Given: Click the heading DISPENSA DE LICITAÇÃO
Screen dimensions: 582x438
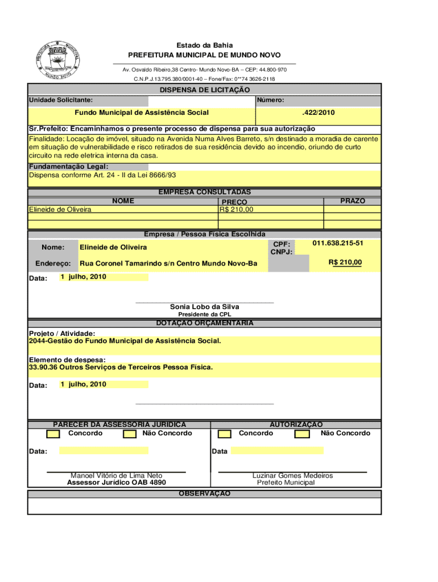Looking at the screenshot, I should tap(204, 90).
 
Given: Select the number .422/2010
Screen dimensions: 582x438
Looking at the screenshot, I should tap(319, 113).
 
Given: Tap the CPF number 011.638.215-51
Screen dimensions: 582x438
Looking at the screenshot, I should tap(338, 243).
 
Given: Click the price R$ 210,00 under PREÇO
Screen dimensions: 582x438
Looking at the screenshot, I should tap(237, 210).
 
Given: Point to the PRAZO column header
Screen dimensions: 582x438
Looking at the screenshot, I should tap(353, 201).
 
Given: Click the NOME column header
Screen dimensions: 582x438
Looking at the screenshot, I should tap(123, 201).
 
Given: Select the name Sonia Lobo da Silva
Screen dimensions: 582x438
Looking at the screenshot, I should tap(204, 307).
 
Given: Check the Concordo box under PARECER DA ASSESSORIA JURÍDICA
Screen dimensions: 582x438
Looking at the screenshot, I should tap(53, 434).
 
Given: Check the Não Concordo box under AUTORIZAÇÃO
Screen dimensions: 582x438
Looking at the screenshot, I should tap(302, 434).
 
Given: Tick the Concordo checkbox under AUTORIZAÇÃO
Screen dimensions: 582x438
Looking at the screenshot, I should tap(225, 434).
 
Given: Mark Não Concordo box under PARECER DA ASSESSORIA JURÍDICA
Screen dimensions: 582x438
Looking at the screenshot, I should tap(130, 434).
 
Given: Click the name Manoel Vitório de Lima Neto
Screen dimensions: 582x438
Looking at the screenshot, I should tap(116, 476).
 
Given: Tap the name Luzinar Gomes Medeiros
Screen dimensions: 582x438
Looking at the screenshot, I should tap(292, 476).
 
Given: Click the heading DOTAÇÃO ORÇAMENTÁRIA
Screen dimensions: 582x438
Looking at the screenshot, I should tap(204, 323).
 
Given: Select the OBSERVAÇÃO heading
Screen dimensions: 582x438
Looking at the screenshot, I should tap(204, 494).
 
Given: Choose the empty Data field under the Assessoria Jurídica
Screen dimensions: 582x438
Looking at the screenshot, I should tap(104, 451).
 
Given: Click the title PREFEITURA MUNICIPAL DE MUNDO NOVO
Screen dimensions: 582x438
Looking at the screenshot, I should tap(204, 55).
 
